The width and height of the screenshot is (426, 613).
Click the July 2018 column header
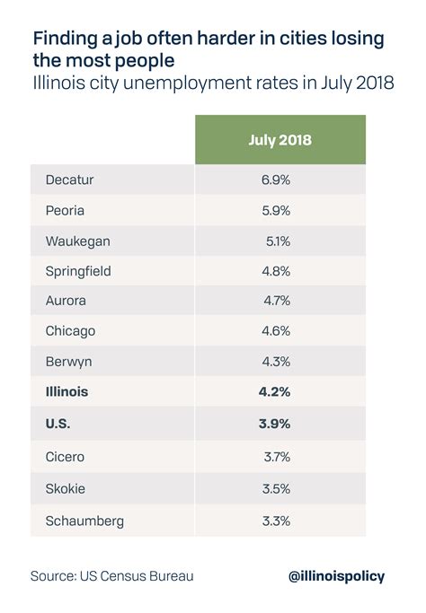pyautogui.click(x=280, y=139)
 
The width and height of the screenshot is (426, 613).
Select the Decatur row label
pyautogui.click(x=70, y=180)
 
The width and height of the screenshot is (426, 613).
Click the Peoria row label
pyautogui.click(x=66, y=211)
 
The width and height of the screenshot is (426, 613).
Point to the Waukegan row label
pyautogui.click(x=75, y=241)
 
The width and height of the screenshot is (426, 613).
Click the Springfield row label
pyautogui.click(x=78, y=271)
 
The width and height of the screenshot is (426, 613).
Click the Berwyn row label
pyautogui.click(x=68, y=362)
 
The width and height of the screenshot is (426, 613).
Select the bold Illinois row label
pyautogui.click(x=67, y=392)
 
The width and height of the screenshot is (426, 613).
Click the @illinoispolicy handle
pyautogui.click(x=337, y=576)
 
